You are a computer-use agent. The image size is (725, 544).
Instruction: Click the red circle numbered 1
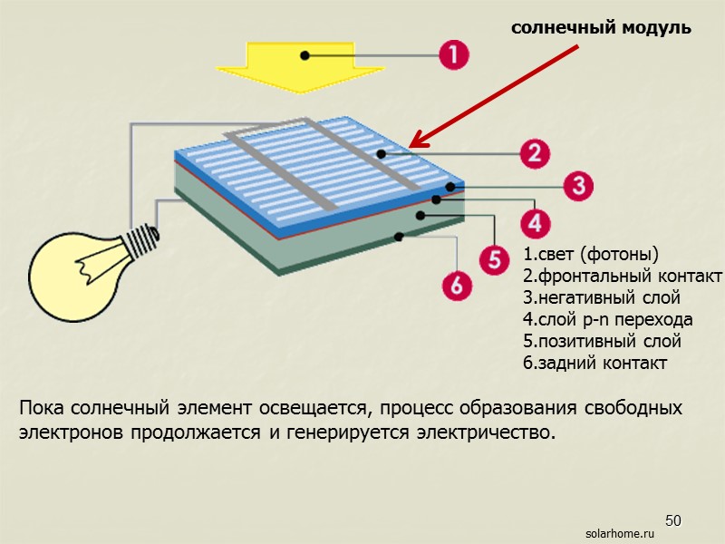454,56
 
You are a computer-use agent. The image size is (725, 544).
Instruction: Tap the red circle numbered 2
536,152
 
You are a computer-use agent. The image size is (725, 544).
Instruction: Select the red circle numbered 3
578,187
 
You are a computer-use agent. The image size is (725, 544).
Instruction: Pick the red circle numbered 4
535,222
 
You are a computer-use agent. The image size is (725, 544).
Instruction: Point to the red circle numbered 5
494,259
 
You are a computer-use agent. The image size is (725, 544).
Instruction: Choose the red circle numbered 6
457,287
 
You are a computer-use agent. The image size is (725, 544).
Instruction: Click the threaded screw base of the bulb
143,239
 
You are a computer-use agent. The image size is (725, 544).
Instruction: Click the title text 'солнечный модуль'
601,28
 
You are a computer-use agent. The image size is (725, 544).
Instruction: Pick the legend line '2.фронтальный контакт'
622,275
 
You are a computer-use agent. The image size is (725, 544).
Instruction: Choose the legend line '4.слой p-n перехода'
607,319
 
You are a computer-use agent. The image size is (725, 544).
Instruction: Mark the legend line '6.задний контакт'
594,364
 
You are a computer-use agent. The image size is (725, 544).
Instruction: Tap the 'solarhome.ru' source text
620,535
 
